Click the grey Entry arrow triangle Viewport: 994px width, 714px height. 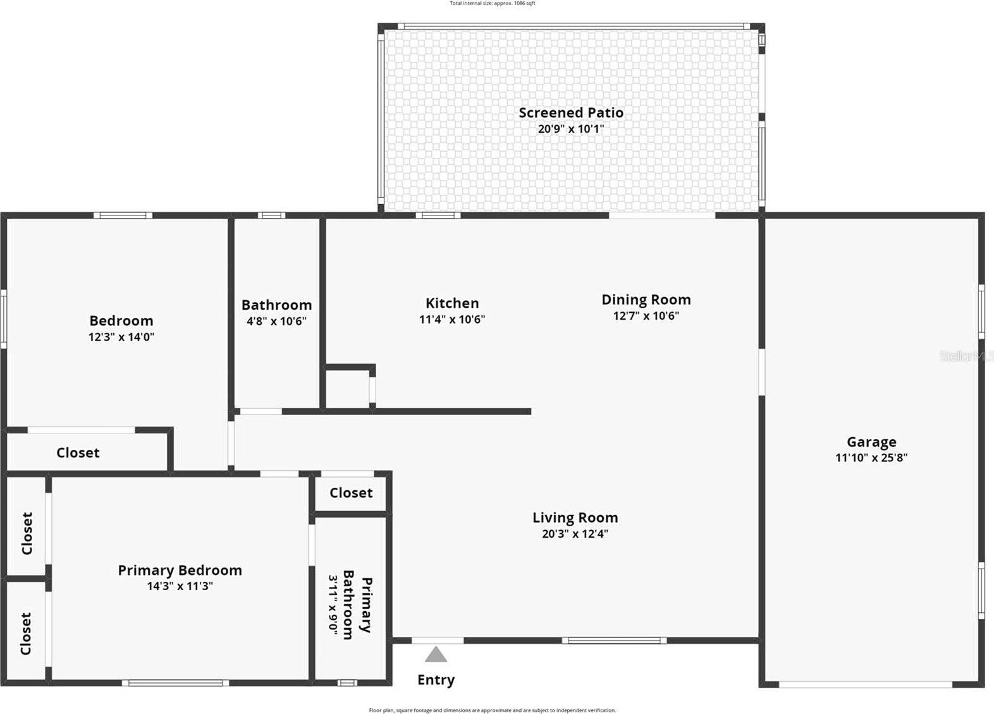pyautogui.click(x=436, y=655)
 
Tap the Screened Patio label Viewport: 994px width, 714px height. pyautogui.click(x=571, y=112)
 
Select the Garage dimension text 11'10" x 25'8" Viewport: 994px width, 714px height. pyautogui.click(x=871, y=457)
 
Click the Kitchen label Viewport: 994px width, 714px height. pyautogui.click(x=452, y=303)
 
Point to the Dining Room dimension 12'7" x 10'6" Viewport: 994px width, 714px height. pyautogui.click(x=646, y=316)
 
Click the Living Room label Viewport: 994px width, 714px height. pyautogui.click(x=575, y=517)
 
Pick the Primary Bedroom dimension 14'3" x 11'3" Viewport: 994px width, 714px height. pyautogui.click(x=180, y=586)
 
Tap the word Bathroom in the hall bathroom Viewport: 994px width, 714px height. pyautogui.click(x=276, y=305)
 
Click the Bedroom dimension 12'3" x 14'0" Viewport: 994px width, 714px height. pyautogui.click(x=121, y=337)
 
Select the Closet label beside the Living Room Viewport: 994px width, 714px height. pyautogui.click(x=351, y=493)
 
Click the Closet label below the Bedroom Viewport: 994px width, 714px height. pyautogui.click(x=78, y=452)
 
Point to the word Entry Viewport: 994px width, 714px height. pyautogui.click(x=436, y=680)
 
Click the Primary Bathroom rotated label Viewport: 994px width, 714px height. pyautogui.click(x=357, y=605)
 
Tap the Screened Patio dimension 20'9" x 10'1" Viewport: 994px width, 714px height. pyautogui.click(x=571, y=129)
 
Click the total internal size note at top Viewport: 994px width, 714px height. pyautogui.click(x=492, y=4)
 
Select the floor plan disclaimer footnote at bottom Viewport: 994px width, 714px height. pyautogui.click(x=492, y=710)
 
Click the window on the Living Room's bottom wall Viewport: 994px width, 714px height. pyautogui.click(x=614, y=641)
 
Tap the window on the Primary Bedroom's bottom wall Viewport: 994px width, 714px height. pyautogui.click(x=175, y=682)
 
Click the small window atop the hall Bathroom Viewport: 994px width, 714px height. pyautogui.click(x=271, y=215)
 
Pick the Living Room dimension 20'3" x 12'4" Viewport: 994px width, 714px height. pyautogui.click(x=575, y=534)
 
